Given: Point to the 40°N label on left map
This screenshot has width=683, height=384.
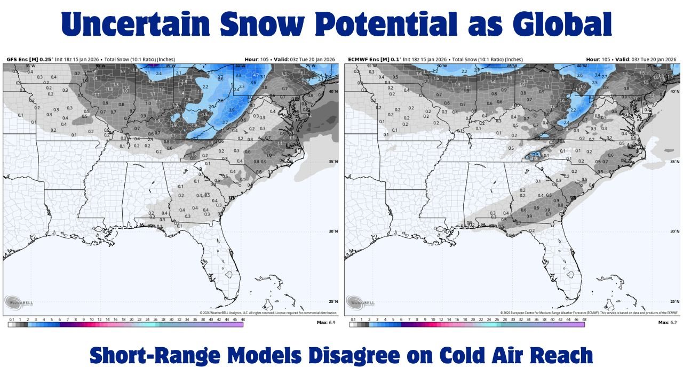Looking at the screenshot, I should point(332,91).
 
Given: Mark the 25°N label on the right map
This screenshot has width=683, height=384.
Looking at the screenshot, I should point(674,301).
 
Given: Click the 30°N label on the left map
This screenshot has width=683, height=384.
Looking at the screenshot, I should point(332,231).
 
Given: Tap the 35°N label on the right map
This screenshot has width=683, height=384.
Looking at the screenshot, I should point(674,162).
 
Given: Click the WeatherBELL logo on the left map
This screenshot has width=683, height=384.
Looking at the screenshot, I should point(19,302).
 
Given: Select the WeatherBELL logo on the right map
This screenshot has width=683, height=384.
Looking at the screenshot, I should point(361,302).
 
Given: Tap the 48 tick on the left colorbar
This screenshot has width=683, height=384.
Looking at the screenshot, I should point(243,319).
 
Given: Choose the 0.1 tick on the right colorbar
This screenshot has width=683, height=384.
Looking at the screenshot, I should point(353,319).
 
